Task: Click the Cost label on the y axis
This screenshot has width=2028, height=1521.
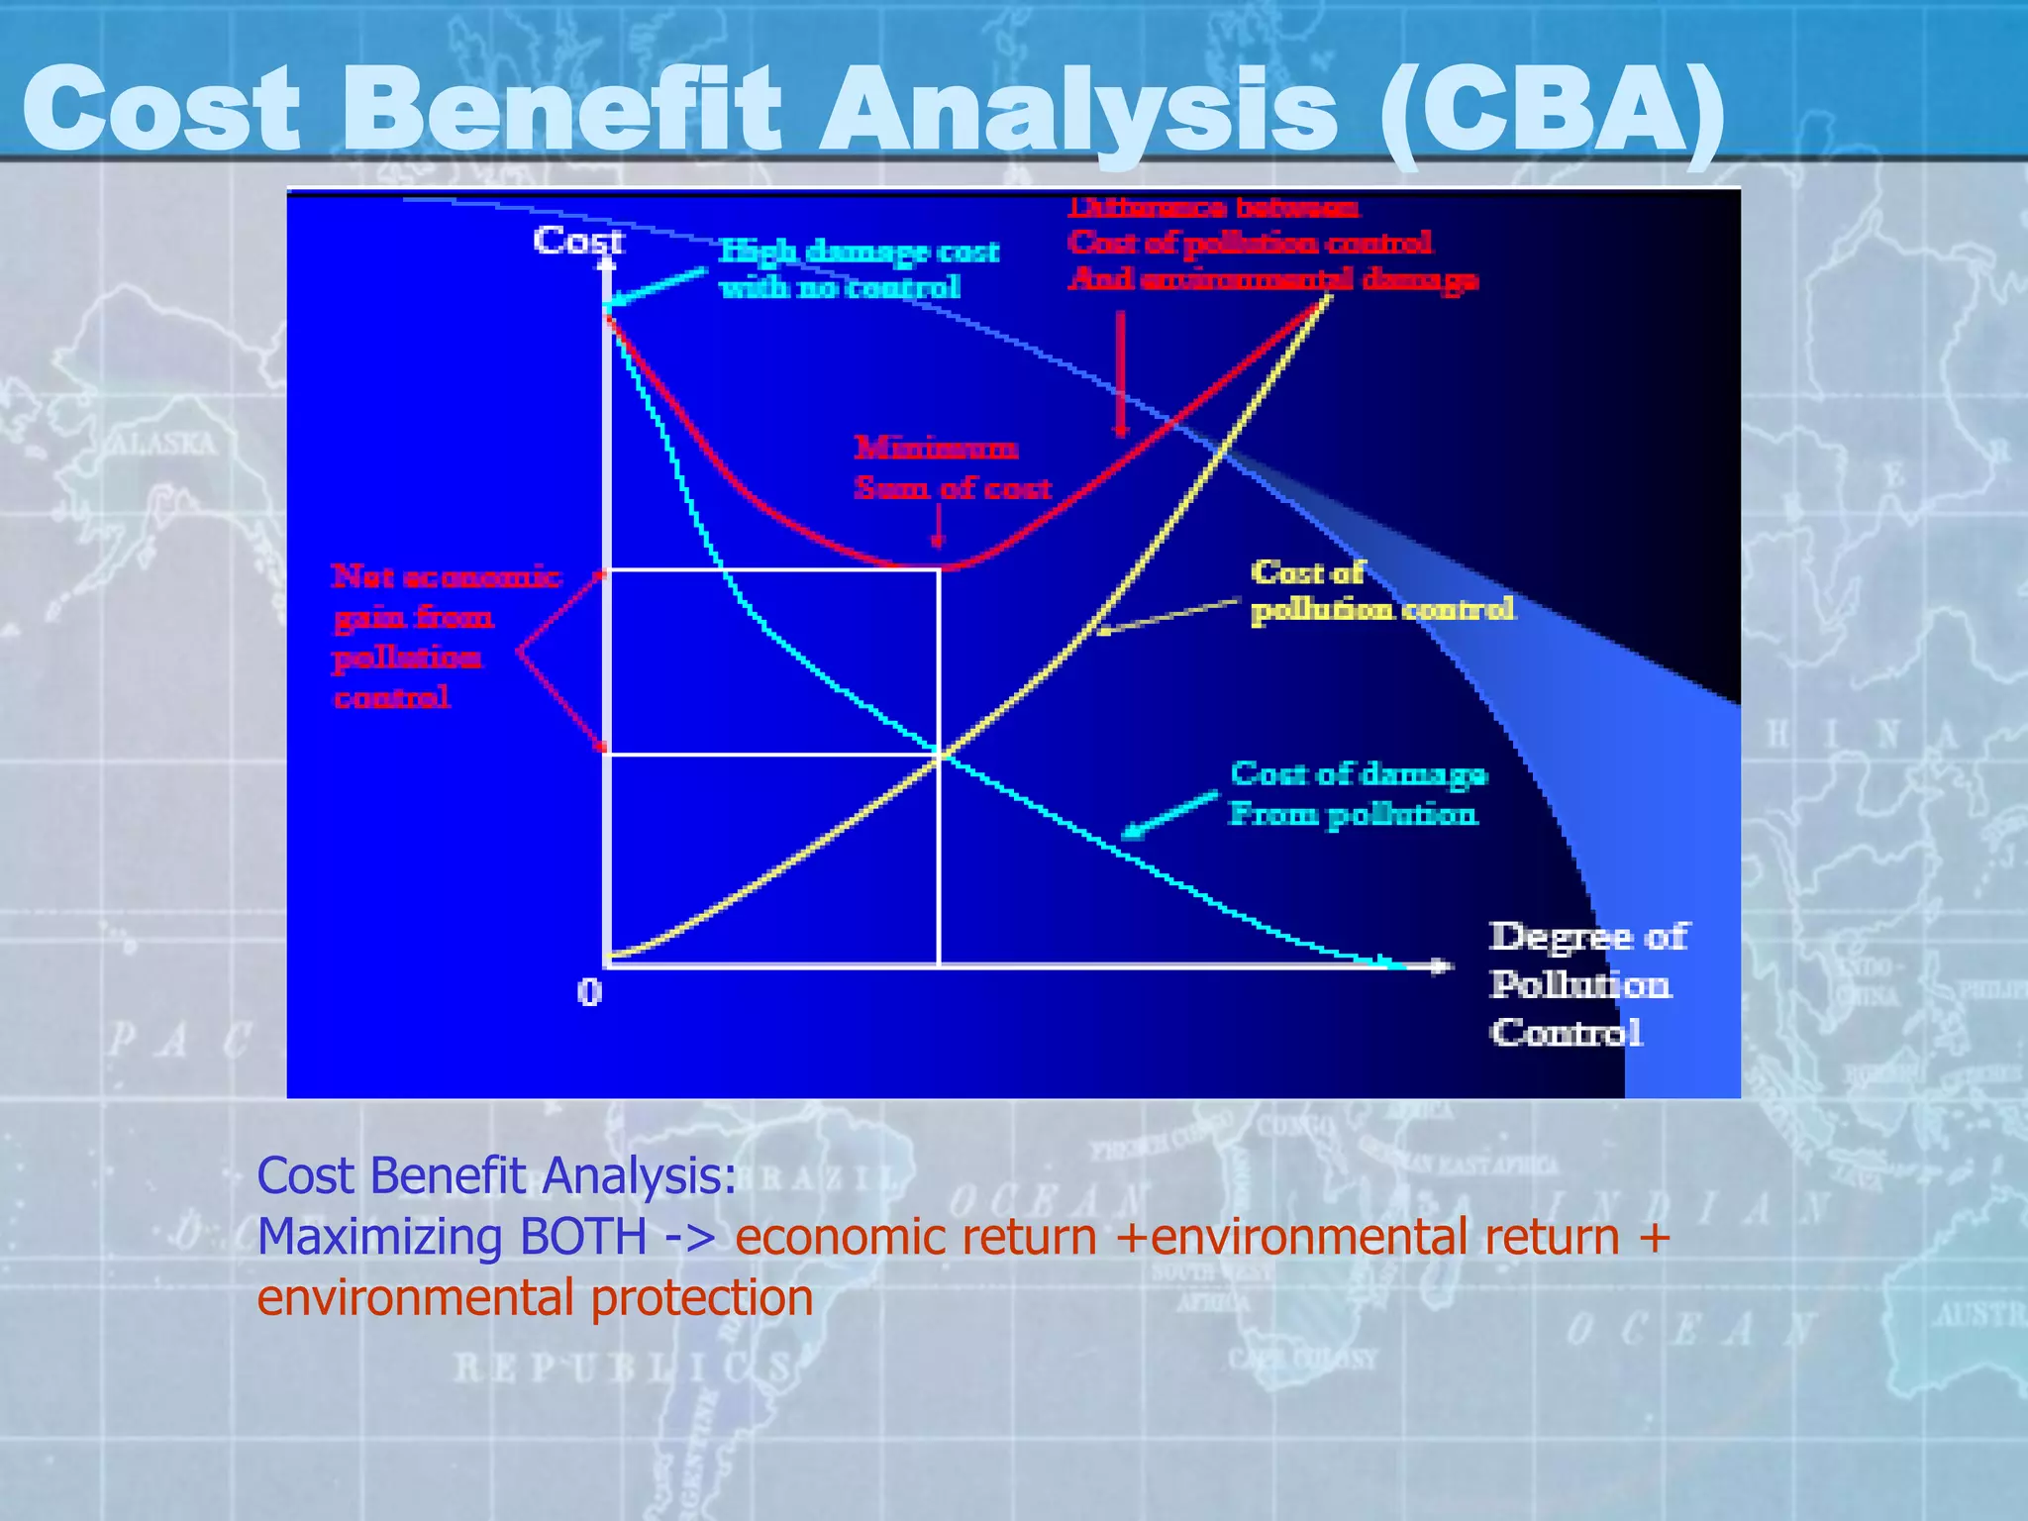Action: point(577,241)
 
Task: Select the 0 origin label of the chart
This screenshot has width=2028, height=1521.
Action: point(589,991)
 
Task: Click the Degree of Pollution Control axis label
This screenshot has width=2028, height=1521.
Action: point(1586,984)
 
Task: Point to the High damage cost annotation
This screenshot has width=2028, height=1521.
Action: point(858,268)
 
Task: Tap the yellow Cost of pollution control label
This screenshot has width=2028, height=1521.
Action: point(1380,591)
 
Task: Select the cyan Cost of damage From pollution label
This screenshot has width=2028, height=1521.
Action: point(1357,793)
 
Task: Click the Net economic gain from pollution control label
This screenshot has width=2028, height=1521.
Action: point(443,637)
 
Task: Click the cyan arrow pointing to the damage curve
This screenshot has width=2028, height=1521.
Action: point(1168,815)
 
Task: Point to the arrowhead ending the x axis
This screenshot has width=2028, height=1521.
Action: point(1443,965)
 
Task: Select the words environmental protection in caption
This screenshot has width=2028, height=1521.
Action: point(535,1298)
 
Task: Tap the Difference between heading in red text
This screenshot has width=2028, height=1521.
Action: point(1214,208)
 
